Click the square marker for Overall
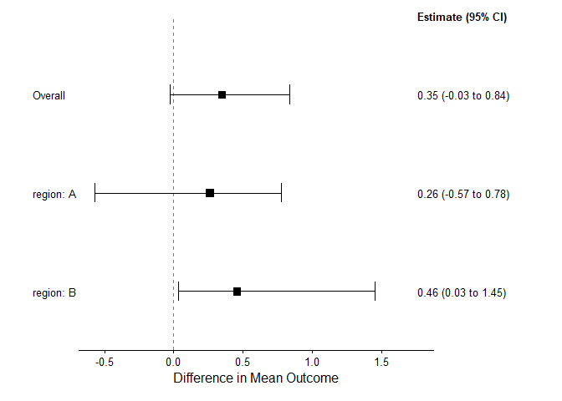(222, 94)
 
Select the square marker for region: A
(210, 193)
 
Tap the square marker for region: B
(238, 292)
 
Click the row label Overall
(49, 95)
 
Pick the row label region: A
(54, 195)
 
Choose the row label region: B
(54, 293)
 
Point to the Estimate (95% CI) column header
(462, 18)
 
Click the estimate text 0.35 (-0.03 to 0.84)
(463, 95)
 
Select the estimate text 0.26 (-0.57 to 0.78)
(463, 195)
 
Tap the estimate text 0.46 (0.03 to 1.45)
(462, 293)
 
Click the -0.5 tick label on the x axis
(105, 363)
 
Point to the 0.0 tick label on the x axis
(173, 363)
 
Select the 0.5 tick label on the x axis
(243, 363)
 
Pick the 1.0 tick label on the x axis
(312, 363)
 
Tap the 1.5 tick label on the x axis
(381, 363)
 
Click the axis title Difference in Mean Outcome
(256, 378)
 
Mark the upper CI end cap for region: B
(375, 292)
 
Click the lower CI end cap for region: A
(95, 193)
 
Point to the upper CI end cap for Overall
(289, 94)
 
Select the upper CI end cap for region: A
(281, 193)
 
